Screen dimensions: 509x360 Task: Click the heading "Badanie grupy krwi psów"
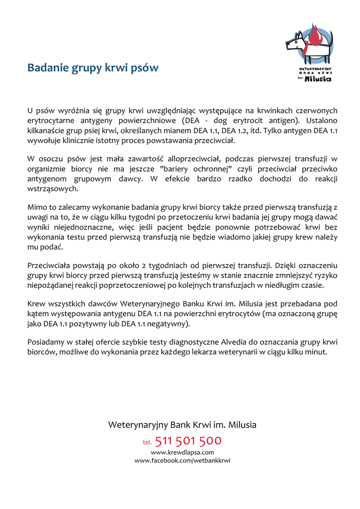pos(93,68)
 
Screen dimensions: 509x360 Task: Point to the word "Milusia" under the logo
pos(318,79)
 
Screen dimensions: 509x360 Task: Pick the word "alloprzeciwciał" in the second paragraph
pos(191,159)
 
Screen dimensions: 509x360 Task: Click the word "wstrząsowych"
pos(52,189)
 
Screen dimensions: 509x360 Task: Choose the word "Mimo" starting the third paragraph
pos(37,208)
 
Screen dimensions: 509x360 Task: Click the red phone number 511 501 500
pos(188,441)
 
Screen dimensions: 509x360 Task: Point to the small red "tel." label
pos(147,442)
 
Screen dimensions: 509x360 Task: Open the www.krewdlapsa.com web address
pos(182,452)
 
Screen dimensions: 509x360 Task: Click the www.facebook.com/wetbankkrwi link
pos(182,461)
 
